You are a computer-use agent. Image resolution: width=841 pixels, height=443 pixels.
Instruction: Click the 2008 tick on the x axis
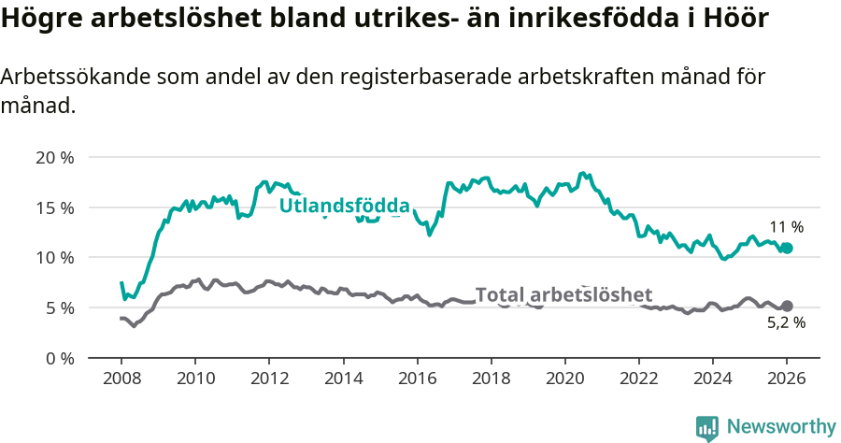tap(121, 380)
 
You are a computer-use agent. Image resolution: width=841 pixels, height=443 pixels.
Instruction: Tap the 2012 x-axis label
tap(269, 380)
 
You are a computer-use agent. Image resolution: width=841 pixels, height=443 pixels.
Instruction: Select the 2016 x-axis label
tap(417, 380)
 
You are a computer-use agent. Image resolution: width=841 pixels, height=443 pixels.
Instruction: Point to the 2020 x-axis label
tap(565, 380)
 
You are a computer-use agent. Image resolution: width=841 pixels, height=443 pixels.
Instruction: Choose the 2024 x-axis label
tap(713, 380)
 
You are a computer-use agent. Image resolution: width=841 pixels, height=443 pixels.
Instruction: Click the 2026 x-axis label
tap(787, 380)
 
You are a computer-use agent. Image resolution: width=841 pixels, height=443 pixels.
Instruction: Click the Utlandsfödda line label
tap(345, 206)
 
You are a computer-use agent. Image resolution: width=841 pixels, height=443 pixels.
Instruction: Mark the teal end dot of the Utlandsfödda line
tap(787, 248)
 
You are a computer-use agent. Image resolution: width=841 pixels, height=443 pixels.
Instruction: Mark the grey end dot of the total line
tap(787, 306)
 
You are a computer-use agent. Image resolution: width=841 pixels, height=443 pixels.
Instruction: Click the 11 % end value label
tap(786, 227)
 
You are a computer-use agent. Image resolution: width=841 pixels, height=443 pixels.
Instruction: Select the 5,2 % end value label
tap(786, 323)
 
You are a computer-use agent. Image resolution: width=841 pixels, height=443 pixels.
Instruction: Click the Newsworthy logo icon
tap(706, 427)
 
